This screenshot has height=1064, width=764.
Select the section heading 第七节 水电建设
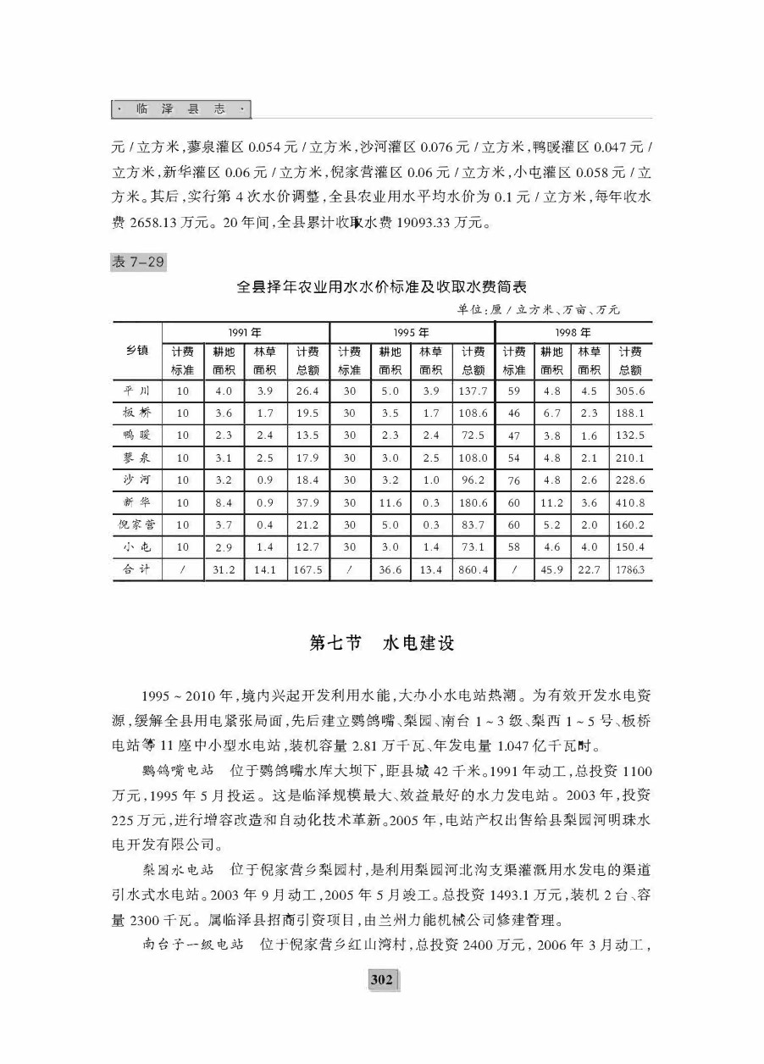tap(382, 643)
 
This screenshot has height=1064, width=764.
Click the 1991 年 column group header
tap(245, 332)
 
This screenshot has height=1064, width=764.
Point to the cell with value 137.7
tap(473, 391)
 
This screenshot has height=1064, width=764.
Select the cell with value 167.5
tap(307, 570)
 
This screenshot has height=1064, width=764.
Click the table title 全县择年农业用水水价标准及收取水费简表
tap(381, 287)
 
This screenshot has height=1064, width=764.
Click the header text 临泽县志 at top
tap(181, 109)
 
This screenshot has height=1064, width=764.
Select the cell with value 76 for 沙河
tap(513, 480)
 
